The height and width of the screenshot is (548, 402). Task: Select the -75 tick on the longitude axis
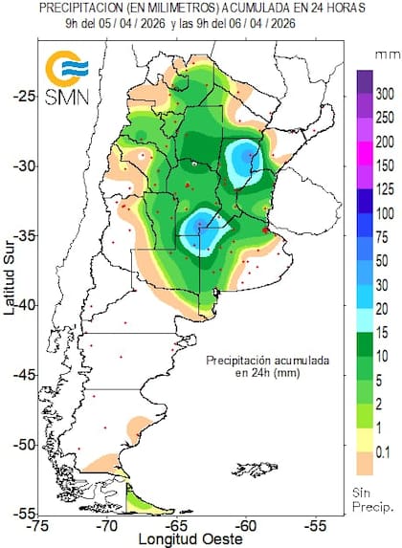coord(38,525)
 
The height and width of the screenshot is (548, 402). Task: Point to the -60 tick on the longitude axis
coord(246,525)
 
